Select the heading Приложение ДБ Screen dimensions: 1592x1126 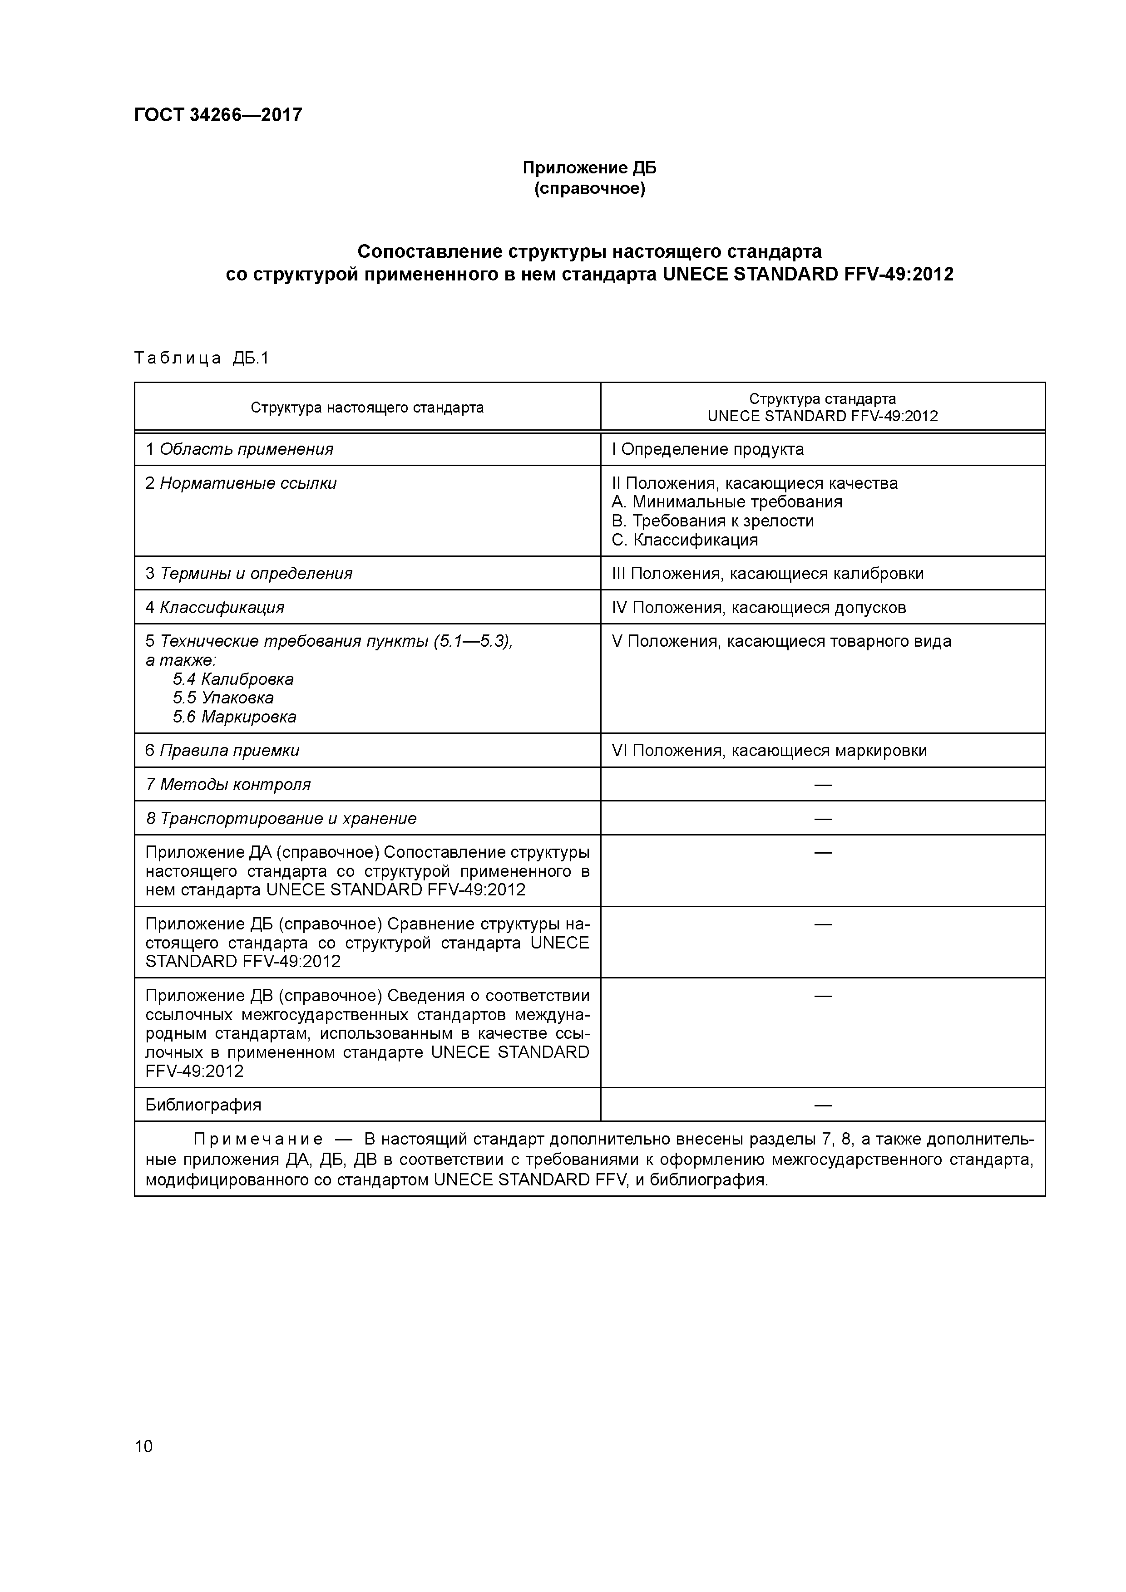pos(589,168)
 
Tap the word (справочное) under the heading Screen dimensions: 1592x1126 pos(589,189)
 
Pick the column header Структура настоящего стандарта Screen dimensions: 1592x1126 pos(367,408)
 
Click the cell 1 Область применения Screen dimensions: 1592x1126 pos(239,449)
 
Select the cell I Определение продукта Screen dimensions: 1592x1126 pos(708,449)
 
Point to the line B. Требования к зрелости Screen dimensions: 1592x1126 pos(712,521)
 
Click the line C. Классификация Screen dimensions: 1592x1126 pos(685,540)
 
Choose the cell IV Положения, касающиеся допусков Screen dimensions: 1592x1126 pos(759,607)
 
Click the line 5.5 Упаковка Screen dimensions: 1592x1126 pos(223,698)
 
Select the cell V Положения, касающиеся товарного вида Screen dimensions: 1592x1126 pos(781,641)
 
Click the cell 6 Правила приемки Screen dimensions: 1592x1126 pos(222,750)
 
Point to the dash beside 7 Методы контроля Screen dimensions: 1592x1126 pos(823,784)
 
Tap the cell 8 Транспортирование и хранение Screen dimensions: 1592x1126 pos(281,818)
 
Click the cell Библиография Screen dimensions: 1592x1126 pos(203,1105)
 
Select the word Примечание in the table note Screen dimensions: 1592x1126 pos(258,1139)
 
